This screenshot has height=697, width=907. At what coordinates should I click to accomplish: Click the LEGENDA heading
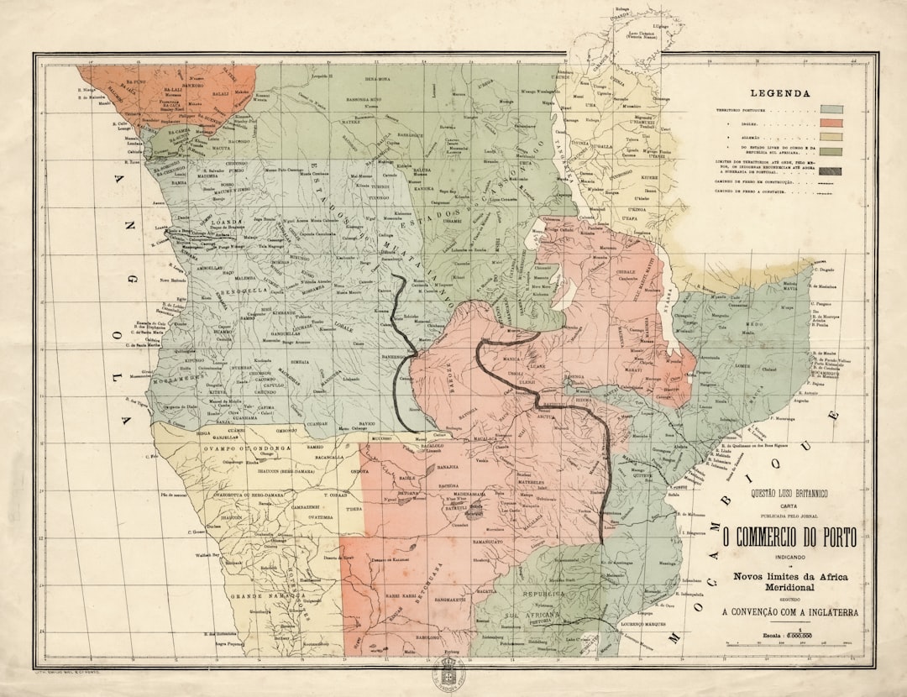click(780, 94)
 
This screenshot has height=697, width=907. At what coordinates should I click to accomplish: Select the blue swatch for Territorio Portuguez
click(831, 109)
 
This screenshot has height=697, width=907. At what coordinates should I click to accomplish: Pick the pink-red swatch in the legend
click(831, 123)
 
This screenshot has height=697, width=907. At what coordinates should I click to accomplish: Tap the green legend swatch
click(831, 151)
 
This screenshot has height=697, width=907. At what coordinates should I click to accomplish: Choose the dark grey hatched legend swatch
click(831, 171)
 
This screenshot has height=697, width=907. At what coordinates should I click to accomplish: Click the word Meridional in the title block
click(790, 587)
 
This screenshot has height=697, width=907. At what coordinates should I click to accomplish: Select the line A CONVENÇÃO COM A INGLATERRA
click(790, 613)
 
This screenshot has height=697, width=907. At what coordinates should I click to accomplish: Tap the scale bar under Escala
click(790, 642)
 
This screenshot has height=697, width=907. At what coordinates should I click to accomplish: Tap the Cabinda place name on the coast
click(134, 151)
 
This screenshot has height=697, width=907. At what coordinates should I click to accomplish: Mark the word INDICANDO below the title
click(790, 558)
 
